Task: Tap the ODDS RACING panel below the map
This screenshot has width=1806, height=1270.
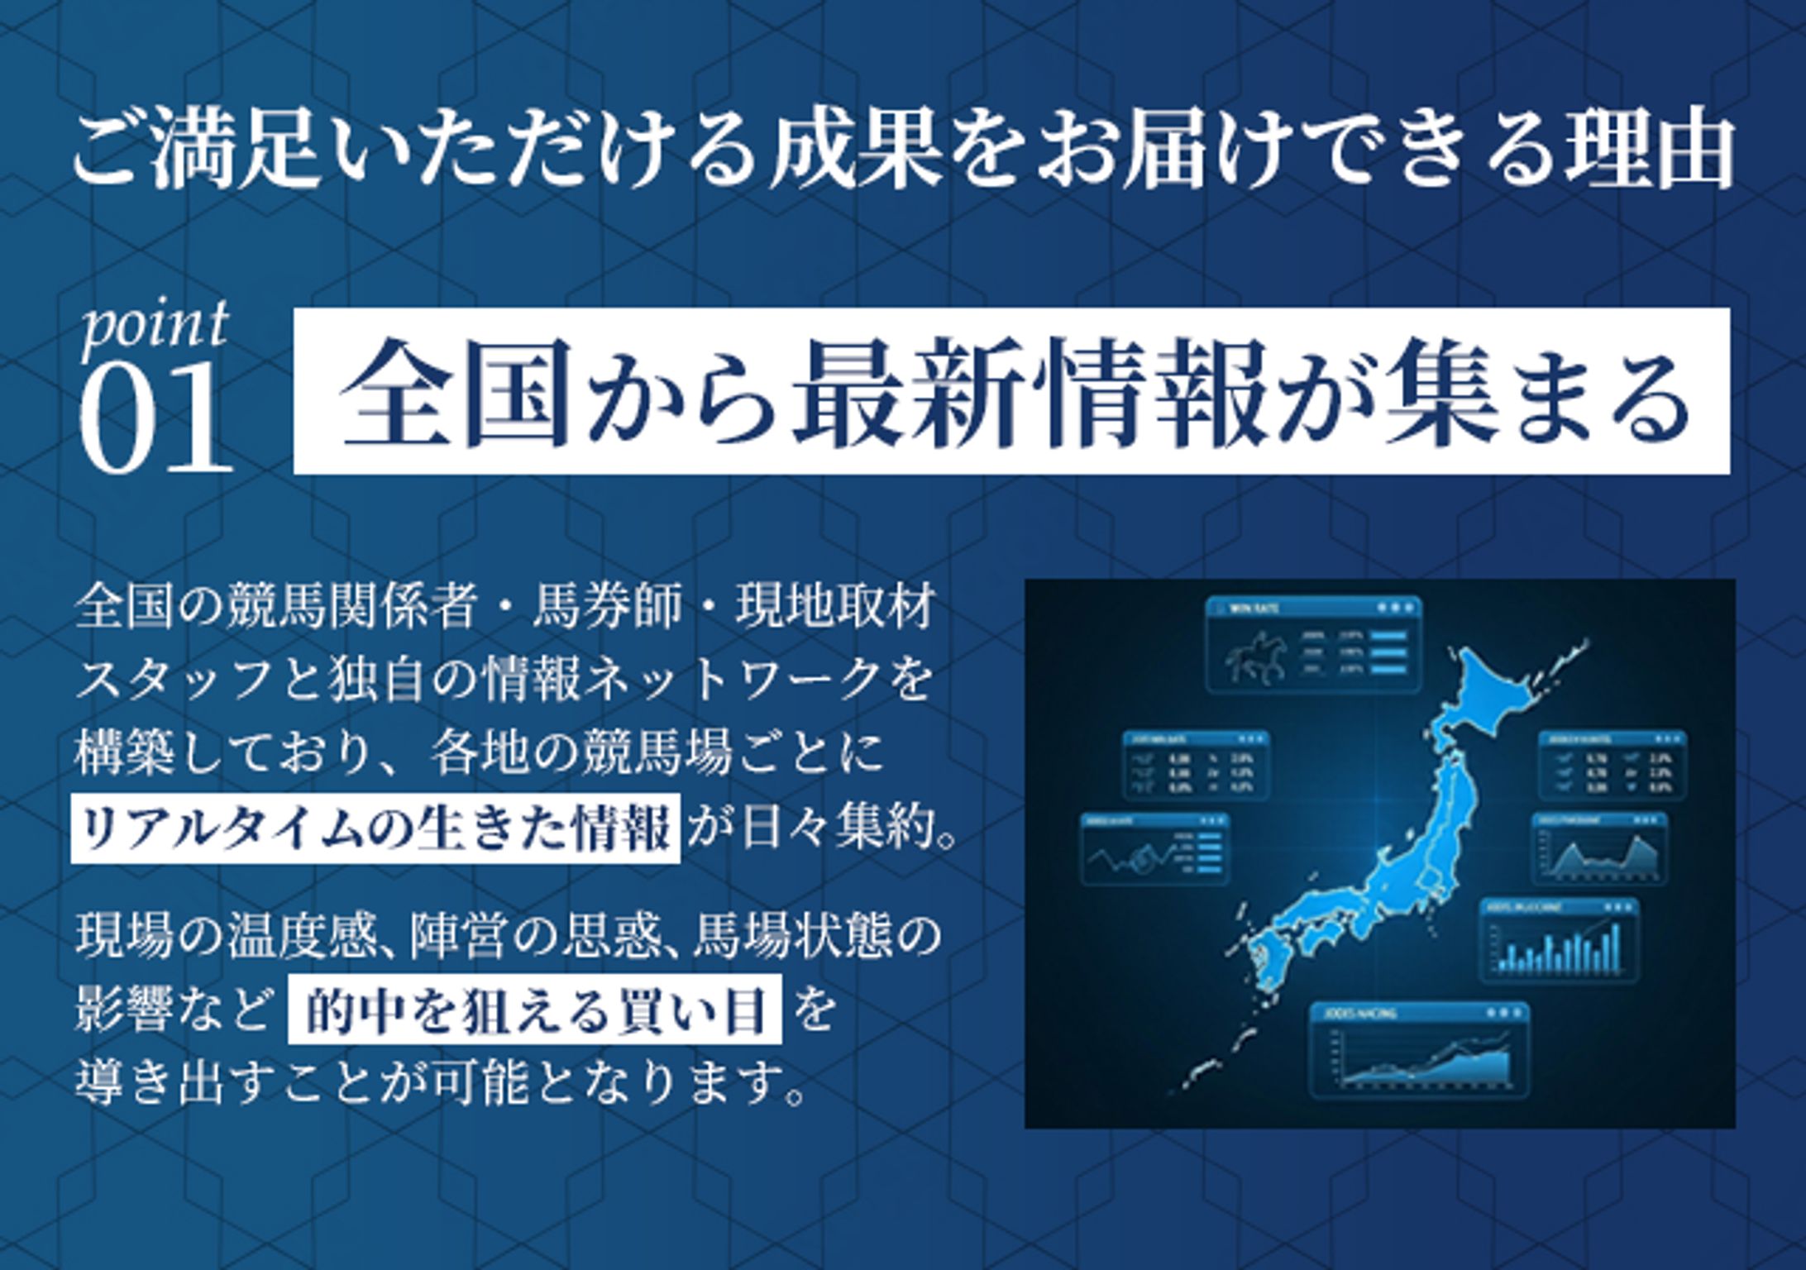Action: point(1419,1050)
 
